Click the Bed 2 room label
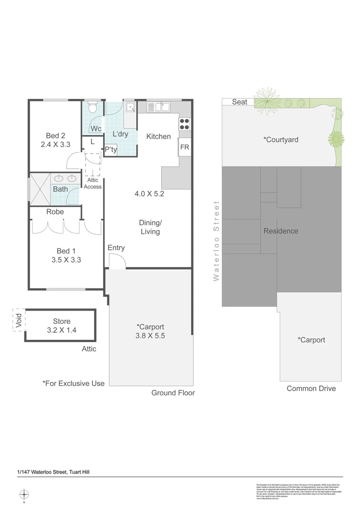click(56, 136)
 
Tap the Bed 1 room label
click(66, 251)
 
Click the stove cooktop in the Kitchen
click(184, 123)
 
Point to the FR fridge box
click(184, 148)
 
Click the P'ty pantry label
click(111, 150)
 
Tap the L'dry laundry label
click(121, 134)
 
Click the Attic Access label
click(92, 183)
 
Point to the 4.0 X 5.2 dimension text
click(149, 193)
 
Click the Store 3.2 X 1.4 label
click(61, 326)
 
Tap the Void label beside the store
click(18, 320)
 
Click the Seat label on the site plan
click(239, 102)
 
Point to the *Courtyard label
click(281, 140)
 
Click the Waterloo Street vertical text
click(216, 241)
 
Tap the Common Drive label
click(311, 388)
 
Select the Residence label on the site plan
click(280, 231)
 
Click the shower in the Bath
click(36, 188)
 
